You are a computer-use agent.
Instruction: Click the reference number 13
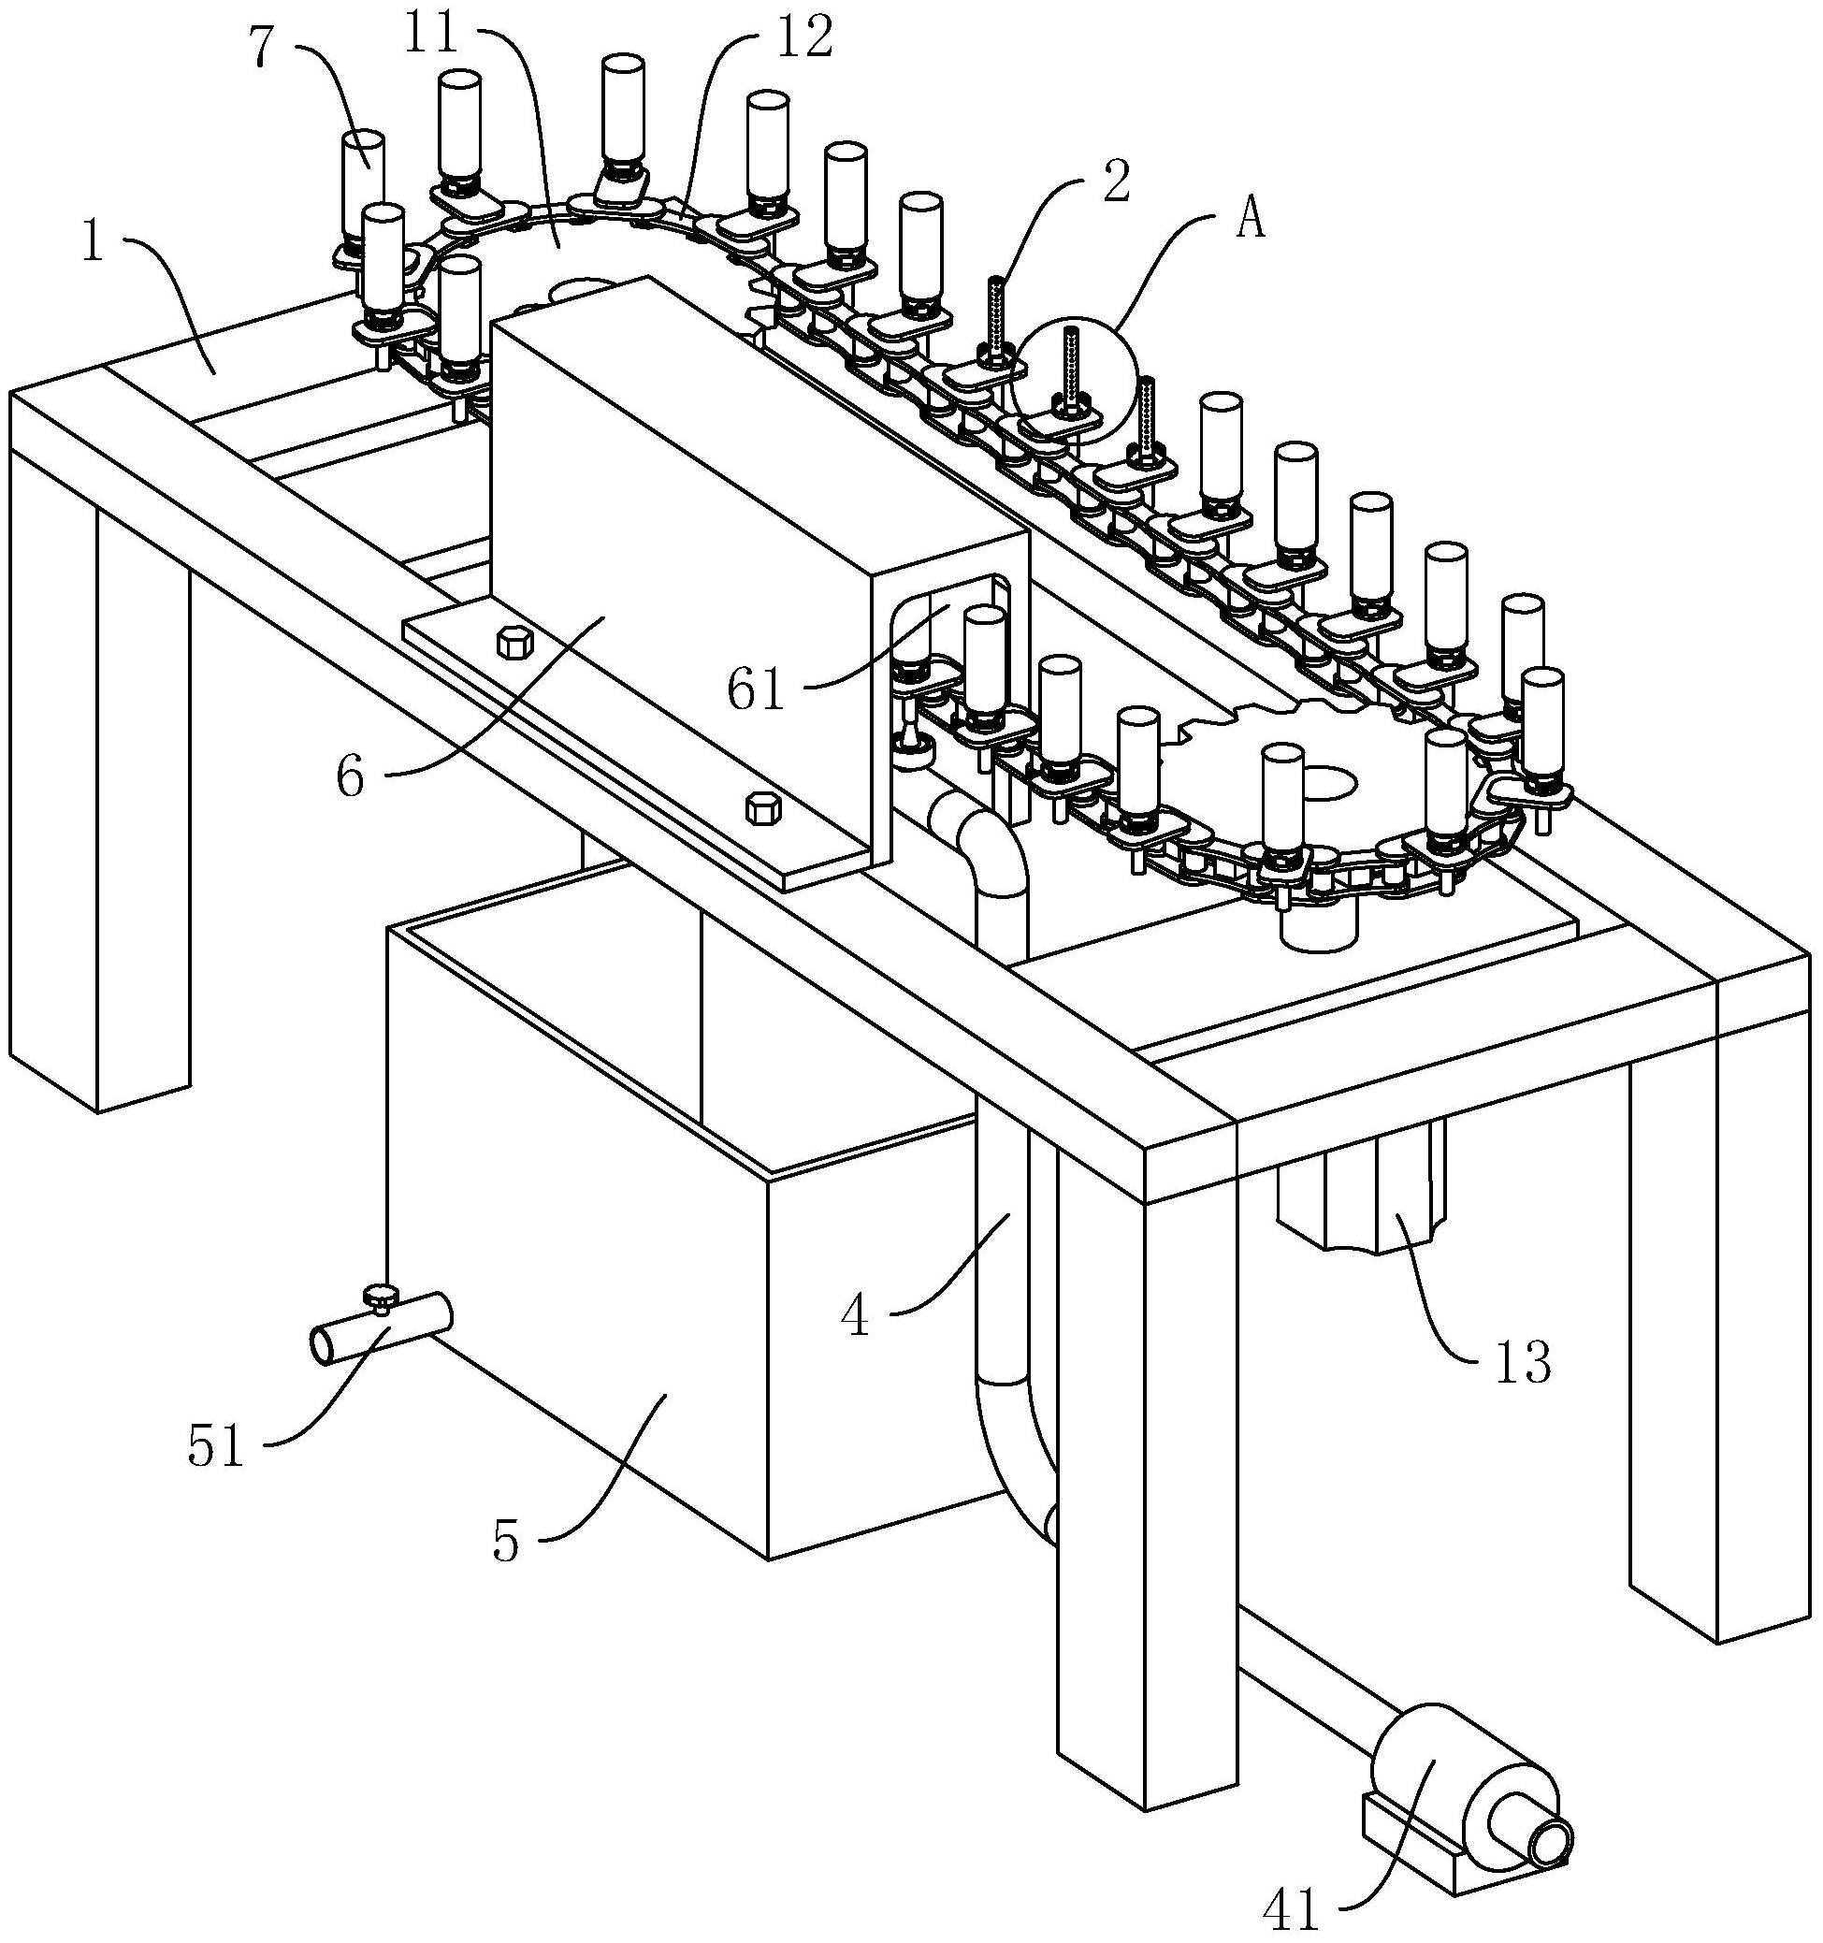tap(1523, 1363)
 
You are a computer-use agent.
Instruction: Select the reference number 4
tap(856, 1316)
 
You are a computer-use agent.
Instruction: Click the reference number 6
tap(351, 778)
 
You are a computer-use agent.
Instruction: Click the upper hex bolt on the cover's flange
tap(514, 643)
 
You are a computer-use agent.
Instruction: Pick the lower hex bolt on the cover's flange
tap(761, 808)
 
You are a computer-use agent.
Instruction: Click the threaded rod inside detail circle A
tap(1070, 368)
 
